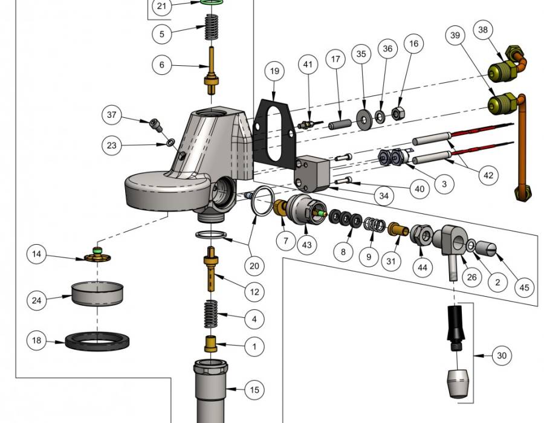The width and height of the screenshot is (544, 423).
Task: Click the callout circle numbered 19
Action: (274, 71)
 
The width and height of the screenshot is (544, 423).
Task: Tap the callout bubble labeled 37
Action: (112, 115)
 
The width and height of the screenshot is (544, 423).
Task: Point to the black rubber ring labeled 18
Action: (97, 341)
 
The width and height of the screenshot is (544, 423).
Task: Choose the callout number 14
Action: (36, 254)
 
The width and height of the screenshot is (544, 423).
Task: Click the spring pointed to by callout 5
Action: (212, 27)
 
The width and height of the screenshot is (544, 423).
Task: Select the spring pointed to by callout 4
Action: (210, 314)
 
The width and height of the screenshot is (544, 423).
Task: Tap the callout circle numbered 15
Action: (254, 390)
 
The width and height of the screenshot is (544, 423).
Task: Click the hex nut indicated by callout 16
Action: (397, 113)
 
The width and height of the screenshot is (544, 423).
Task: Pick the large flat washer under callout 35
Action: (364, 120)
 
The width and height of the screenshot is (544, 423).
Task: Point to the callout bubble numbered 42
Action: (488, 175)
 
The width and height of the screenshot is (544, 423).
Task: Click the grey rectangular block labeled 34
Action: (311, 173)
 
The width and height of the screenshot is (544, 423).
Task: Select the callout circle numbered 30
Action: (502, 355)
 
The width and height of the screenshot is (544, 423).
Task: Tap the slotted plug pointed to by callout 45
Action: (486, 248)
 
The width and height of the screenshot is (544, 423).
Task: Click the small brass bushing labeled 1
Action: (210, 344)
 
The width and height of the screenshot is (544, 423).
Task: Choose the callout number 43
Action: (306, 245)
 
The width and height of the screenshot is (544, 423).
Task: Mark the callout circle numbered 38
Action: (483, 30)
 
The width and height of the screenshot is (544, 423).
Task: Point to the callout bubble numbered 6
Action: (161, 65)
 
